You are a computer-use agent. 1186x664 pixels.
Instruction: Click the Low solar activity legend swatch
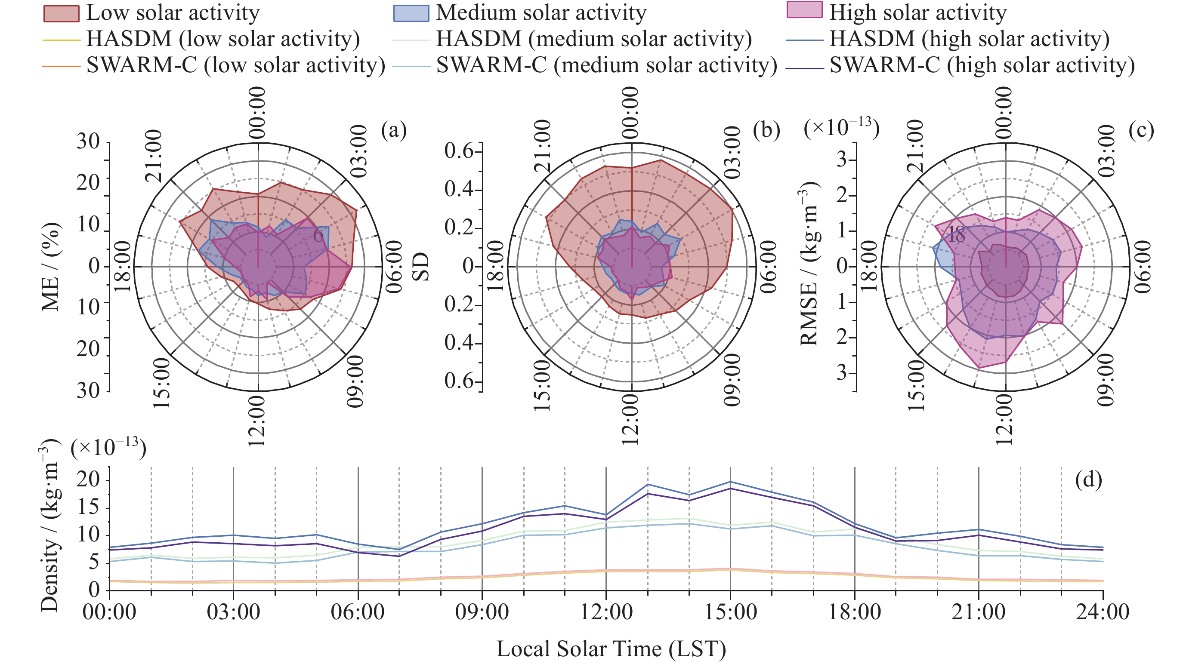61,13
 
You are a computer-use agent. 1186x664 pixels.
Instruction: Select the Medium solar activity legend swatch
411,13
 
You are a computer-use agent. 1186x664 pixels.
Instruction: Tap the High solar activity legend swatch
804,10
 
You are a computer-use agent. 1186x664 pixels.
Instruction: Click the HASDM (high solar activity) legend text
969,39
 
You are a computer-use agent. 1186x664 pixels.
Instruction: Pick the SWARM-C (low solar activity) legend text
236,65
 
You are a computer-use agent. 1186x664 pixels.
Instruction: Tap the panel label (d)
1088,480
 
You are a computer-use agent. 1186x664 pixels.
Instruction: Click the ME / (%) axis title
51,267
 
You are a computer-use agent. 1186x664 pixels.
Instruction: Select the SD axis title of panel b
421,267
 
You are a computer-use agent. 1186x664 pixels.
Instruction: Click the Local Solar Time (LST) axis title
611,649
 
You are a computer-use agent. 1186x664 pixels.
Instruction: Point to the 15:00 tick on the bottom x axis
730,612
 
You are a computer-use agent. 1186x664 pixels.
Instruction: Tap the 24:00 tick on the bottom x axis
1103,612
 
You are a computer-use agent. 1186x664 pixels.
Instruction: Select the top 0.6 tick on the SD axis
459,151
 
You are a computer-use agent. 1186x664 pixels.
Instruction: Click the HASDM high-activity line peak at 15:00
730,482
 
